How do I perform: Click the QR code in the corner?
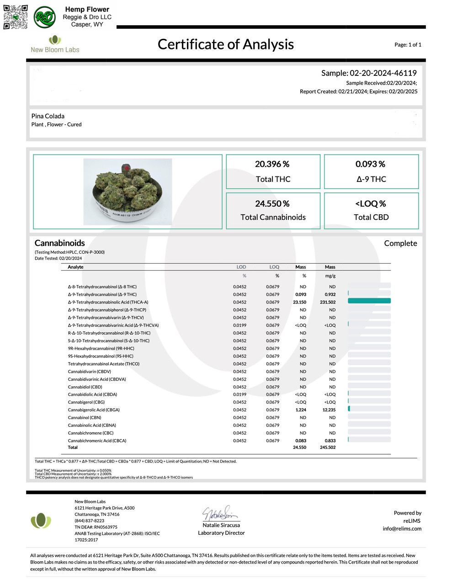[x=16, y=17]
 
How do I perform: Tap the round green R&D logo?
[x=44, y=17]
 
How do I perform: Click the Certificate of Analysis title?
[x=225, y=44]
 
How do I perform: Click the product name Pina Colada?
[x=48, y=116]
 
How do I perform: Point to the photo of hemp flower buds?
[x=128, y=191]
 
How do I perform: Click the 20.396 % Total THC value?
[x=272, y=164]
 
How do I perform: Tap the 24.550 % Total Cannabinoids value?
[x=272, y=204]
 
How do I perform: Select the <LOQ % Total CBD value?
[x=371, y=204]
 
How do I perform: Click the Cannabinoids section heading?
[x=60, y=243]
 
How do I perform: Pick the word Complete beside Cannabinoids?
[x=400, y=243]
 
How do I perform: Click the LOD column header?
[x=241, y=267]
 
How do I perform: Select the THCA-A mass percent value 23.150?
[x=299, y=302]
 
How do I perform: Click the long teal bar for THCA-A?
[x=369, y=301]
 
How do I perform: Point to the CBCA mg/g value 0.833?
[x=330, y=441]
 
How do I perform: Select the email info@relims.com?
[x=402, y=529]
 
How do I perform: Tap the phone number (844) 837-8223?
[x=90, y=521]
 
